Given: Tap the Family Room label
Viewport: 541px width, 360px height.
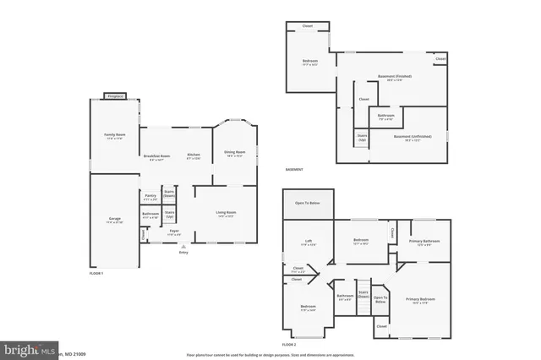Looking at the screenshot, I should pos(114,135).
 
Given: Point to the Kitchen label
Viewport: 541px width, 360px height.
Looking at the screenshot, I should pos(194,155).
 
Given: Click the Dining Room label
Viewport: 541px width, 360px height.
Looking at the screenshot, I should pos(234,152).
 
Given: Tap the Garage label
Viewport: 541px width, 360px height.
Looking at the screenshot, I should pos(114,219).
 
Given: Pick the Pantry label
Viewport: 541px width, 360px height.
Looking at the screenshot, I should pos(150,196).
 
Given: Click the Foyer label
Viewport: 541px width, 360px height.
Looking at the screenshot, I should pos(174,231).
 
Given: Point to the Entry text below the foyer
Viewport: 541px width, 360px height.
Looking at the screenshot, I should pos(183,251).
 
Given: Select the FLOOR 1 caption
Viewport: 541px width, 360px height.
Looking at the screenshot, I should pos(96,273).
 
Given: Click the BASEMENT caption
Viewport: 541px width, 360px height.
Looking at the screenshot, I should pos(293,170).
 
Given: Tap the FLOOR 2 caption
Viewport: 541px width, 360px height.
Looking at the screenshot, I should pos(290,345).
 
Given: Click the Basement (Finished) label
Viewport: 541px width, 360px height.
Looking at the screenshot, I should pos(388,78).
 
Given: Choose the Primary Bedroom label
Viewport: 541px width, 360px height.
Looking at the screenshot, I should pos(421,300).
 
